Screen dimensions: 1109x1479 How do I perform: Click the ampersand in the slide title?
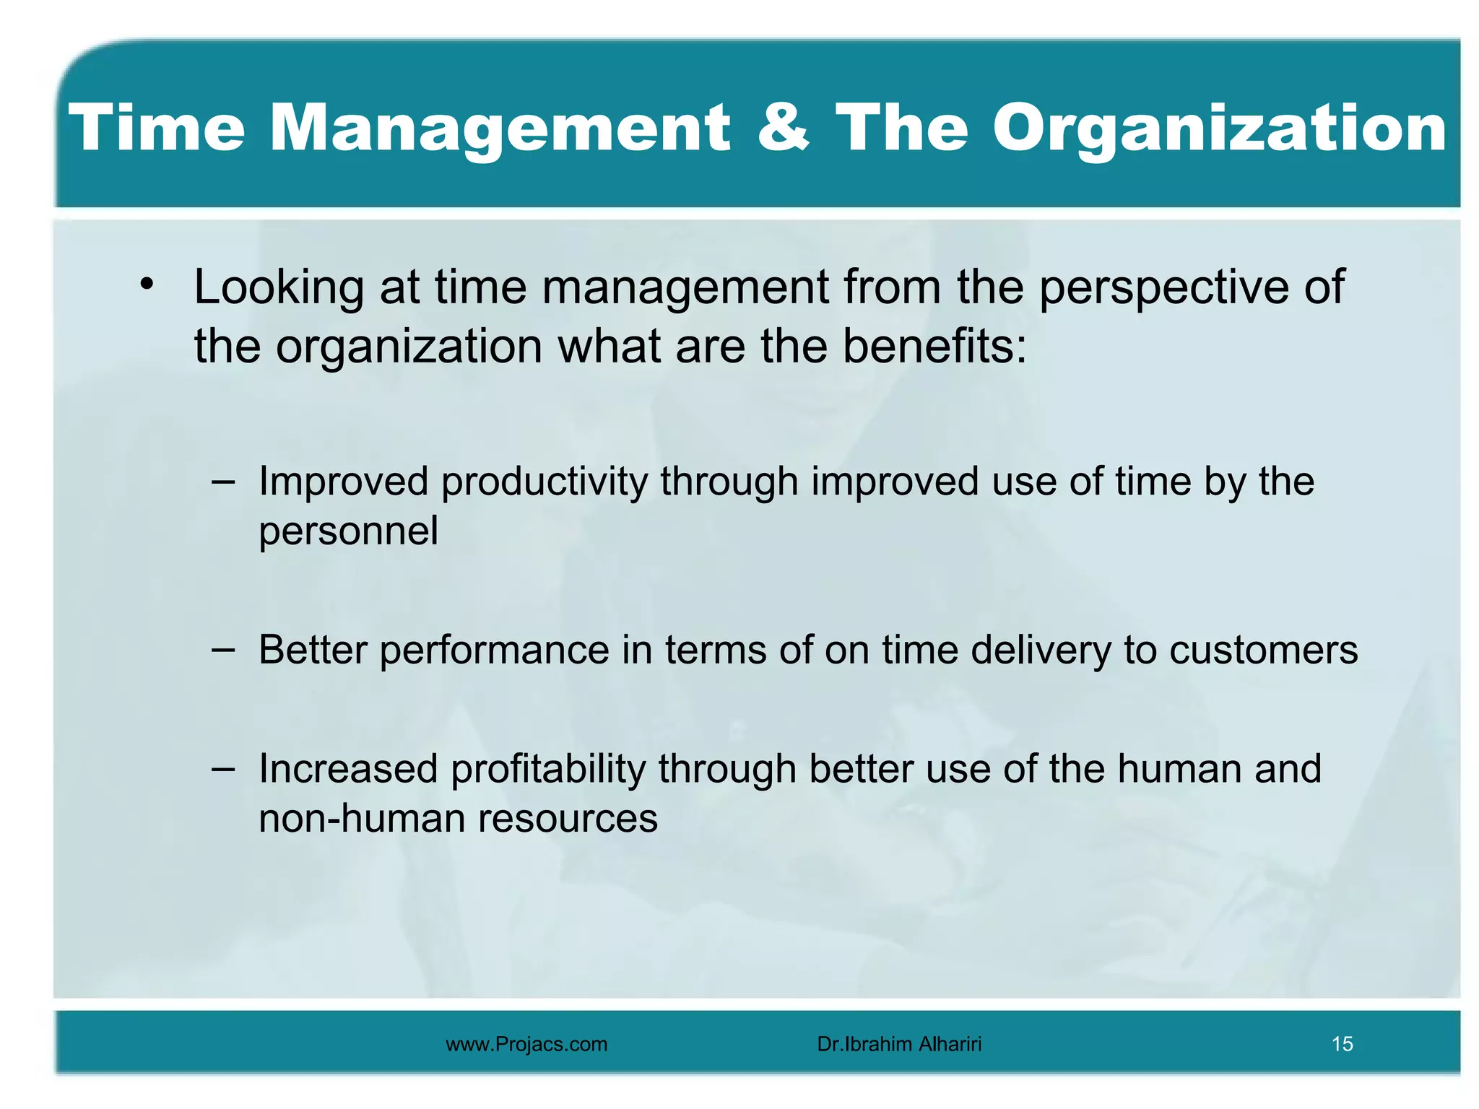pyautogui.click(x=783, y=128)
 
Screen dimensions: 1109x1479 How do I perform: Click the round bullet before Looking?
pyautogui.click(x=147, y=284)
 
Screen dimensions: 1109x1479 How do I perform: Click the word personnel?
pyautogui.click(x=348, y=533)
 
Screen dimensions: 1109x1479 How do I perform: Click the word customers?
pyautogui.click(x=1263, y=651)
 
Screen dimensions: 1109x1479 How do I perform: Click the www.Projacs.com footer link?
pyautogui.click(x=526, y=1044)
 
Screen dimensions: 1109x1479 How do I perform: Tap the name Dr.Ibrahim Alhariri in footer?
pyautogui.click(x=899, y=1044)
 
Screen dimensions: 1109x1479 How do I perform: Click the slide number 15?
pyautogui.click(x=1342, y=1044)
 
